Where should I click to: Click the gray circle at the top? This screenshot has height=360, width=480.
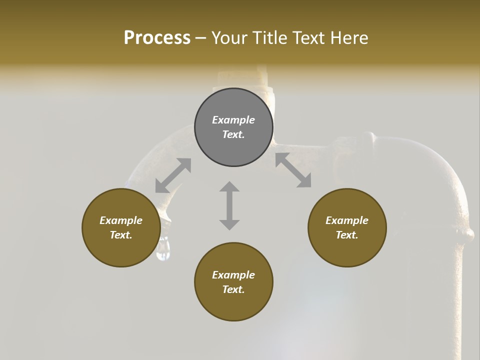click(x=233, y=127)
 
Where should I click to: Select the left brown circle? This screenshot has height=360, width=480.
click(x=121, y=227)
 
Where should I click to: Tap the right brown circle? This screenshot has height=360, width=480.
click(x=347, y=227)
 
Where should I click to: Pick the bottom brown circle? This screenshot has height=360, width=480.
click(x=233, y=282)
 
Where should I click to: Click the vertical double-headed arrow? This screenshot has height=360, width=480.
click(x=229, y=205)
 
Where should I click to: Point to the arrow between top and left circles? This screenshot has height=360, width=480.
click(x=173, y=175)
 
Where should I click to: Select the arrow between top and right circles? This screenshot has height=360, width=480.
click(x=293, y=170)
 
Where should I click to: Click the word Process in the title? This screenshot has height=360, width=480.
click(x=157, y=37)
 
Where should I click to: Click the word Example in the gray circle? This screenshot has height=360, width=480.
click(x=233, y=120)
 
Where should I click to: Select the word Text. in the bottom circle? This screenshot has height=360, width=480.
click(x=233, y=289)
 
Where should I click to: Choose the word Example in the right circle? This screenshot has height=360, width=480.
click(x=347, y=220)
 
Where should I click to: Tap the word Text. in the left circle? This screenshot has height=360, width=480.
click(x=121, y=235)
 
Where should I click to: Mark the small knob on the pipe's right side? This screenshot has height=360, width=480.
click(x=468, y=233)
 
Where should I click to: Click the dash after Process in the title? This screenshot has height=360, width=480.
click(x=201, y=38)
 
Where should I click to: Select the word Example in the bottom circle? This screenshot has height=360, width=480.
click(x=233, y=275)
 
